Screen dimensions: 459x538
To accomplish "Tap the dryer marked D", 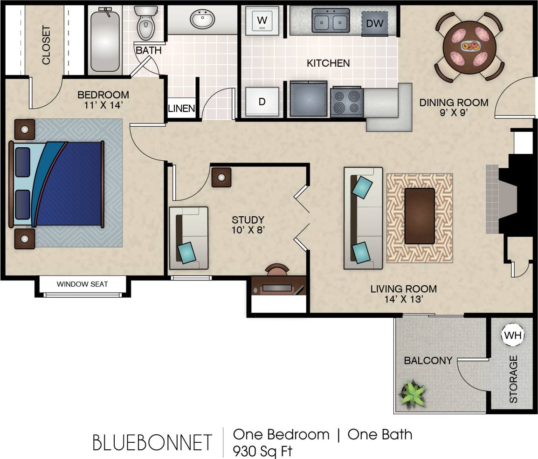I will click(x=262, y=101).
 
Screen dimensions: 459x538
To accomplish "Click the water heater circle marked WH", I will click(x=513, y=335).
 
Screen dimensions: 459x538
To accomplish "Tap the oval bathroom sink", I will click(x=202, y=20).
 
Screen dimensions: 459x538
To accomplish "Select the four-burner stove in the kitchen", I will click(x=347, y=102).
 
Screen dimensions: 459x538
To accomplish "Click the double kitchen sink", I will click(x=331, y=21).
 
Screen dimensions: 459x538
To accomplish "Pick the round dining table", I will click(x=469, y=46).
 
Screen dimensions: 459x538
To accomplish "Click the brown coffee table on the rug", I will click(x=420, y=215).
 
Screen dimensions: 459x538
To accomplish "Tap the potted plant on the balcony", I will click(x=413, y=394).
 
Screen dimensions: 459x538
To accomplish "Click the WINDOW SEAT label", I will click(x=83, y=284).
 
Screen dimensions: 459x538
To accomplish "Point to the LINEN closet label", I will click(x=181, y=109).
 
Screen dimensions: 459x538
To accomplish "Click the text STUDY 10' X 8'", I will click(x=248, y=224).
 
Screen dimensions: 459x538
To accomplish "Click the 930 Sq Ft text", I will click(x=263, y=451).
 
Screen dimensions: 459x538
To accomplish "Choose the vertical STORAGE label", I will click(x=513, y=379).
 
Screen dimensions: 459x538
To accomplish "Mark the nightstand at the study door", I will click(x=221, y=178).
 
